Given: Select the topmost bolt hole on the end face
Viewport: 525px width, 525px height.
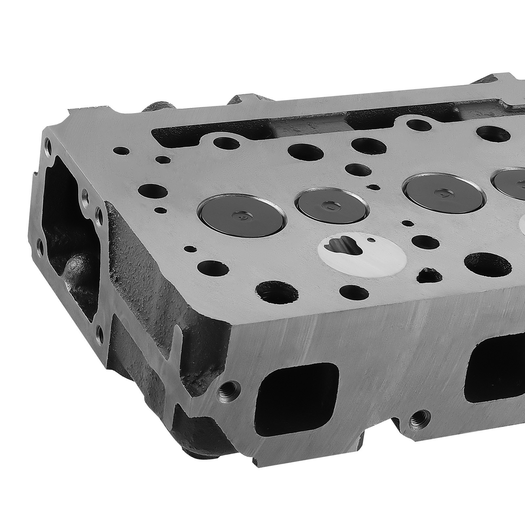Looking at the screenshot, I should click(x=49, y=143).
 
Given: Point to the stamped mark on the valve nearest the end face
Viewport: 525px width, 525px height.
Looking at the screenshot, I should click(x=243, y=216).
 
